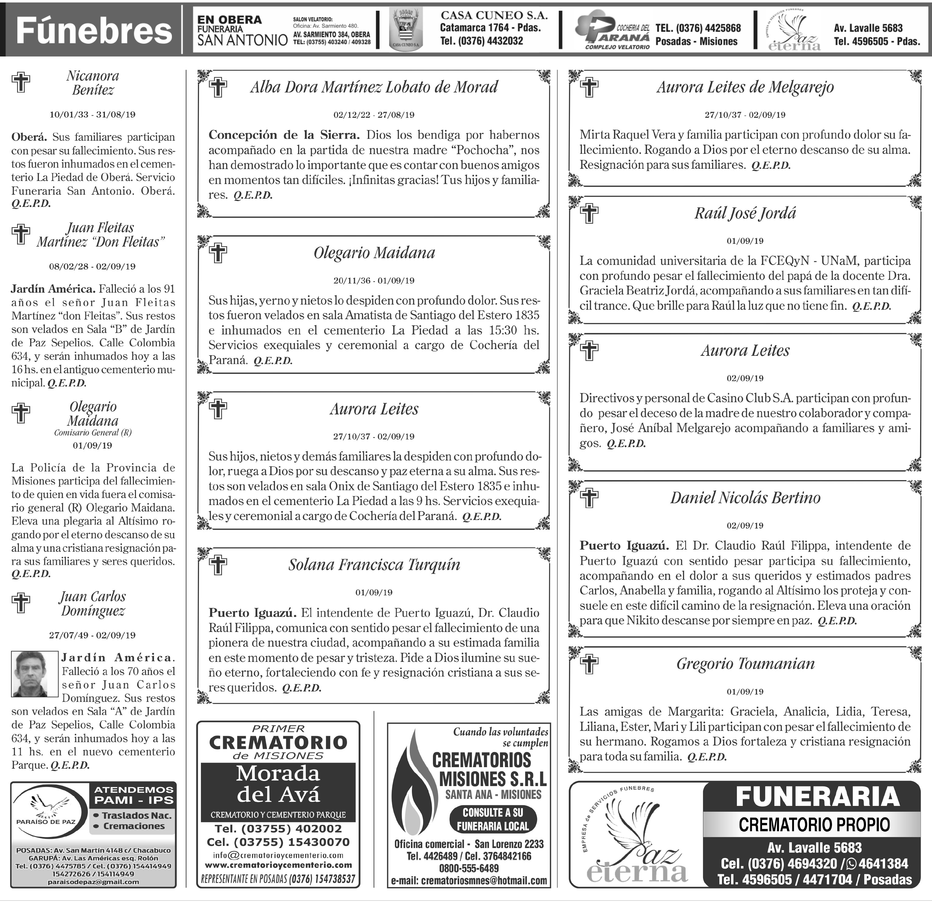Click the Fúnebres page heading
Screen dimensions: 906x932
[x=94, y=31]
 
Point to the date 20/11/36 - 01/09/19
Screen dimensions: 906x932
[x=374, y=281]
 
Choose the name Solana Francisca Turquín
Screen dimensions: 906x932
[x=374, y=565]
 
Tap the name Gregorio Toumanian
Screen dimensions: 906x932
[x=745, y=664]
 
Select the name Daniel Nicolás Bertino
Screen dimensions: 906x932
[x=745, y=498]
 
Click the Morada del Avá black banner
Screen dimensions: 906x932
[x=278, y=784]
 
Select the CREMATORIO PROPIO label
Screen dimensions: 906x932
[x=814, y=825]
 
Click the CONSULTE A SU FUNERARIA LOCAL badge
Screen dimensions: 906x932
[x=493, y=819]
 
